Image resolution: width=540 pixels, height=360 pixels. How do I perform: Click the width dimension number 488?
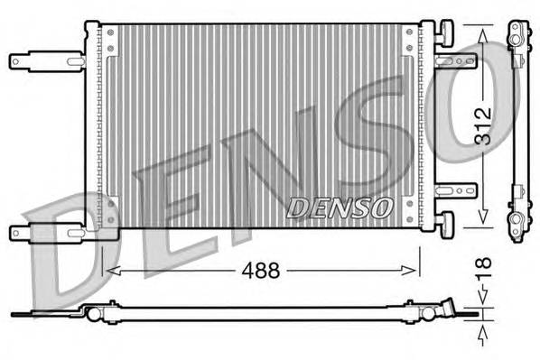[261, 270]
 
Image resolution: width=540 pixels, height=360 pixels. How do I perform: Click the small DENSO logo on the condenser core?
[340, 208]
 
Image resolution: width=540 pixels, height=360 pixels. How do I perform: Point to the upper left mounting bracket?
[45, 61]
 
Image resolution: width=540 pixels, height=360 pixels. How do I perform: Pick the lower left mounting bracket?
[45, 232]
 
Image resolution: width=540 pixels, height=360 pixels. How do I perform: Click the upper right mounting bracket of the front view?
[455, 60]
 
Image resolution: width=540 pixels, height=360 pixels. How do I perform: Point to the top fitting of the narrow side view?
[516, 36]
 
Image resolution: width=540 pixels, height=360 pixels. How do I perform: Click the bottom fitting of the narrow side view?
[516, 226]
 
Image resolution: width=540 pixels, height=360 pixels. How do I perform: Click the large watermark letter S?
[397, 135]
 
